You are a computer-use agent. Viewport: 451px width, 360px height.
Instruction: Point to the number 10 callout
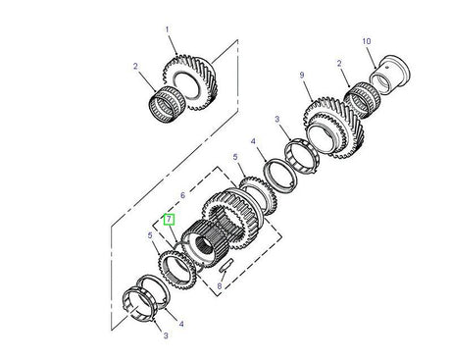pyautogui.click(x=367, y=41)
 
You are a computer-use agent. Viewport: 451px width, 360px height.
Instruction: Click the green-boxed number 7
pyautogui.click(x=170, y=222)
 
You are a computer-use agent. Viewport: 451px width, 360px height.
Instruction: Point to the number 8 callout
pyautogui.click(x=220, y=286)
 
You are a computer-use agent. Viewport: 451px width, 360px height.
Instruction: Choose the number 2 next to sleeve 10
pyautogui.click(x=340, y=64)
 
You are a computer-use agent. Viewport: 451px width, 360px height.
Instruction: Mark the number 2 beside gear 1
pyautogui.click(x=137, y=68)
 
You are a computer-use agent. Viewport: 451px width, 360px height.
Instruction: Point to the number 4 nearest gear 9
pyautogui.click(x=254, y=141)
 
